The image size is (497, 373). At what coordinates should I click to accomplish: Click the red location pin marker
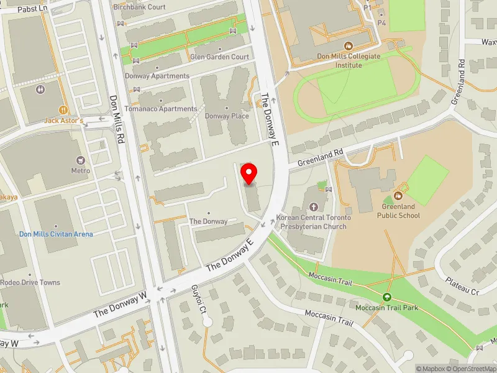(249, 173)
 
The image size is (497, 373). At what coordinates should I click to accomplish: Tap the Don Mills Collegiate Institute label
(349, 60)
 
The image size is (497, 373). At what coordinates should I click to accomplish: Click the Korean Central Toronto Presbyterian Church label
(314, 222)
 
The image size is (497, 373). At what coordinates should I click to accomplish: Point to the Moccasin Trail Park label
(386, 308)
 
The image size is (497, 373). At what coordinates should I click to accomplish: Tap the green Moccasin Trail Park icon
(387, 297)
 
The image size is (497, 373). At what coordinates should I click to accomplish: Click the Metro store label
(81, 170)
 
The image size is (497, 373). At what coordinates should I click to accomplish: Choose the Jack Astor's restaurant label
(63, 120)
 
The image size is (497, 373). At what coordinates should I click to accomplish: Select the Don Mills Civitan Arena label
(56, 234)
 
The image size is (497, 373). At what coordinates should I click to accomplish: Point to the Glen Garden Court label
(220, 57)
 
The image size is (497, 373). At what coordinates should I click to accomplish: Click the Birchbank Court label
(139, 7)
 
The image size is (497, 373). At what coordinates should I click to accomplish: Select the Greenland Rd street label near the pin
(320, 157)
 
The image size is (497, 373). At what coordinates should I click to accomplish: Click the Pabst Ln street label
(32, 9)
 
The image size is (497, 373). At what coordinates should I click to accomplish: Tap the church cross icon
(313, 206)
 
